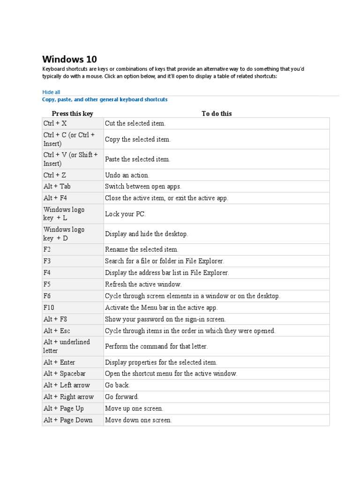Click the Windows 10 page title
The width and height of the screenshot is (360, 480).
(70, 60)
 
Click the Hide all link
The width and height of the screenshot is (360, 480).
(51, 92)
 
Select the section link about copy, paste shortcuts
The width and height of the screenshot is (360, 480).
(105, 100)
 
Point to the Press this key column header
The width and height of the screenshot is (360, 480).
(73, 113)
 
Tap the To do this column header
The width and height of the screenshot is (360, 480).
(217, 113)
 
